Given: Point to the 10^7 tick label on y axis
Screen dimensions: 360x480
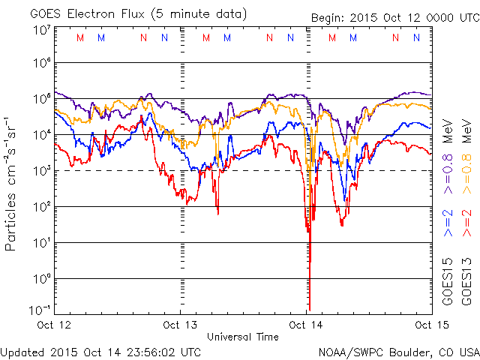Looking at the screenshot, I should (41, 30).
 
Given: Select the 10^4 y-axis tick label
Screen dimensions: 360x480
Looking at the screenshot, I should (41, 135).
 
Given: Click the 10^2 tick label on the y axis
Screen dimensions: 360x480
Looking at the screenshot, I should (41, 207).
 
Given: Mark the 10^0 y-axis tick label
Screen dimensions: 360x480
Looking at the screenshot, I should (41, 279).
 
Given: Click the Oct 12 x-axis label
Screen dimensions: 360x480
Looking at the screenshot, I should (53, 325).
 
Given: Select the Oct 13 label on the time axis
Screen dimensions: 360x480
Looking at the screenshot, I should (180, 325).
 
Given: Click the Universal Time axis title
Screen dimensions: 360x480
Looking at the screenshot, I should (243, 337).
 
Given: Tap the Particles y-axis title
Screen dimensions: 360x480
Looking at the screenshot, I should (13, 184).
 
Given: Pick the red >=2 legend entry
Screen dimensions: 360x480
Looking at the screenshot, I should (466, 223).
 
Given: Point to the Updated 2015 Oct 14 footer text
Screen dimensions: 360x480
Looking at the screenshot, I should (100, 351).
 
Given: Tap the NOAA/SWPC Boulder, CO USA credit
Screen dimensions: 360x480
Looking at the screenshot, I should (398, 351).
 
